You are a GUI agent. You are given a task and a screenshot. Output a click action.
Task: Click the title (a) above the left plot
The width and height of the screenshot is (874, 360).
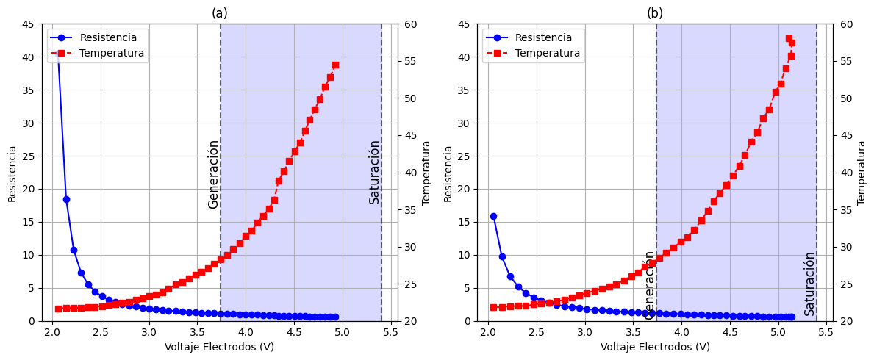[220, 13]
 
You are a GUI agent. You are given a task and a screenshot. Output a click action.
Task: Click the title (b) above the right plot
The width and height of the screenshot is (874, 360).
[655, 13]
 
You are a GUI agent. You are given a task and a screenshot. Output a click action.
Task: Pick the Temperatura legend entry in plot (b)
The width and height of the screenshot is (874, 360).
[547, 53]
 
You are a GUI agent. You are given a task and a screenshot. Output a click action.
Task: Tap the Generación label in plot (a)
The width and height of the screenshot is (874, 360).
[213, 174]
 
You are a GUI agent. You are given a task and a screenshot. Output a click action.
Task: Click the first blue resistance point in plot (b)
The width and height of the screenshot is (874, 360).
[493, 217]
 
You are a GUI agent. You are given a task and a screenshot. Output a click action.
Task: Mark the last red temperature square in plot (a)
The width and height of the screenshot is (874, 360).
[335, 65]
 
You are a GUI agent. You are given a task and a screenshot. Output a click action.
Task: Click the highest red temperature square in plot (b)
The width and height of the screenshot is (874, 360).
[789, 38]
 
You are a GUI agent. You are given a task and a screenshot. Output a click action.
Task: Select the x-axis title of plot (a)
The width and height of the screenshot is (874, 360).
[219, 347]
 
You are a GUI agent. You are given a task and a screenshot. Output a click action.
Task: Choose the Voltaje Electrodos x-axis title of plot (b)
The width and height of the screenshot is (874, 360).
[655, 347]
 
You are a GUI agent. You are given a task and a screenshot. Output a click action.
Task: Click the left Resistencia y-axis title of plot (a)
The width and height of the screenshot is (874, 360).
[12, 173]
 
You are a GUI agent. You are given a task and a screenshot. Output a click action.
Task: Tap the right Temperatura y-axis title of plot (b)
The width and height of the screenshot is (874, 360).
[862, 173]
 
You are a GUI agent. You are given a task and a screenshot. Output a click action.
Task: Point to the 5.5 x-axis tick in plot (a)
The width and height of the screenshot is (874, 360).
[391, 332]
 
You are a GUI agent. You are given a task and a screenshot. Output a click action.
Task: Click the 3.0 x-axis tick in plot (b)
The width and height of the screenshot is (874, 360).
[584, 332]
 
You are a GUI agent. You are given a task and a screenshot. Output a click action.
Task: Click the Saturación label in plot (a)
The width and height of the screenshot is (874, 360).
[375, 172]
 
